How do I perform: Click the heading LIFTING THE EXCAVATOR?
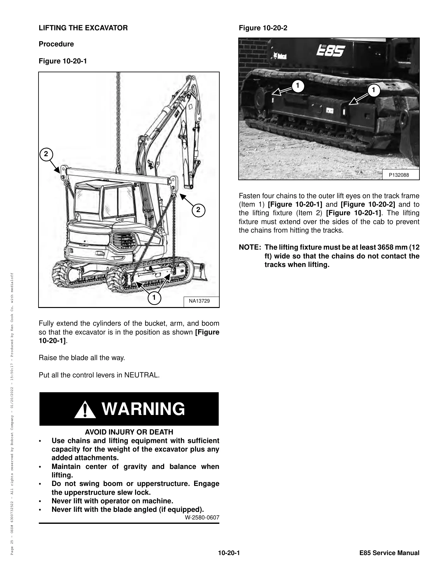83,28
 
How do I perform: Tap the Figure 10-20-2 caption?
263,28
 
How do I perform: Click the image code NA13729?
199,301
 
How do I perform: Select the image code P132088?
399,175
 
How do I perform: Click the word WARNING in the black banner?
143,409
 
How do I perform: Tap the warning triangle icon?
85,410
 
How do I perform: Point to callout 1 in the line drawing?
154,298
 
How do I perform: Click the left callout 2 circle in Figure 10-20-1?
46,154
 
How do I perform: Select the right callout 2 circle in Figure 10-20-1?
198,210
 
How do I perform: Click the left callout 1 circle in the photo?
297,86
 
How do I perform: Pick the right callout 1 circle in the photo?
374,91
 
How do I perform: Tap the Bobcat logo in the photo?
278,56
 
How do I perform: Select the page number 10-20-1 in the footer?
229,553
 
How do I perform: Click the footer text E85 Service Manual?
389,553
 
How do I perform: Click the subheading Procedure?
56,44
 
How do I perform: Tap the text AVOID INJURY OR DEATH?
129,432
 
